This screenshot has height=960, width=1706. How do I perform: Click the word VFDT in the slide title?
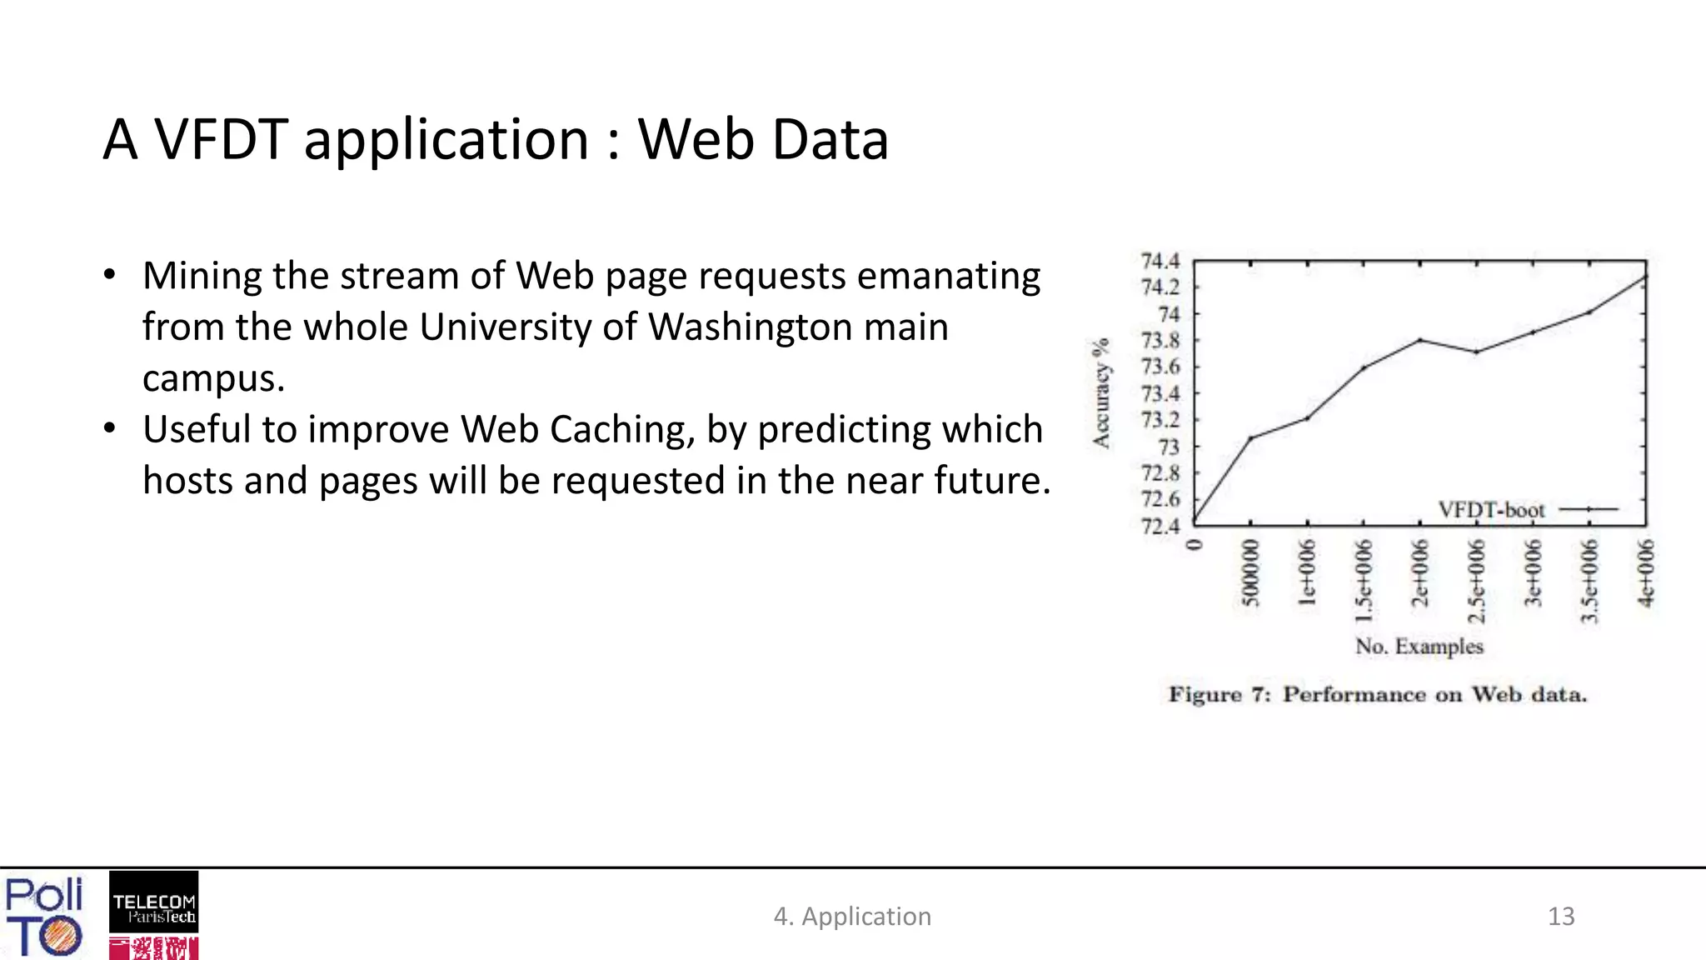click(222, 139)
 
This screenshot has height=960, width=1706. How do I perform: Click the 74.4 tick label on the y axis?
click(1160, 262)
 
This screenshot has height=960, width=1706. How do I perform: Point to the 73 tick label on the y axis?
click(1169, 447)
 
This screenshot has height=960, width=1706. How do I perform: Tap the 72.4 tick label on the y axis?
click(1160, 527)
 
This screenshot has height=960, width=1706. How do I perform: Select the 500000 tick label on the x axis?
click(1250, 572)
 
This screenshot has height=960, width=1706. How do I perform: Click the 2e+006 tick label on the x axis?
click(1420, 572)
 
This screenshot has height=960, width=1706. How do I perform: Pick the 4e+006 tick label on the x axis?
click(1646, 573)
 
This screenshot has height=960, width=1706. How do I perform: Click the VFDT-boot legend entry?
click(1491, 510)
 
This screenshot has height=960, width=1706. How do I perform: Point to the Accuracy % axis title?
click(1101, 393)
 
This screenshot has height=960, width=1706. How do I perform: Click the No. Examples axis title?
click(1419, 647)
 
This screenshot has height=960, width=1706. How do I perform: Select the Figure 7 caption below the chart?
click(1377, 695)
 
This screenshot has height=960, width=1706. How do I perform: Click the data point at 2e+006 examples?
click(1420, 340)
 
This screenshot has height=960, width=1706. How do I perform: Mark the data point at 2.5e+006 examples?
click(1476, 352)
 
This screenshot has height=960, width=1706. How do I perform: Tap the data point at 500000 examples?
click(1250, 438)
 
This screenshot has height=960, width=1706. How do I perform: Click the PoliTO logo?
click(43, 916)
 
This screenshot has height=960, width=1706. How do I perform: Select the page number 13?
click(1560, 917)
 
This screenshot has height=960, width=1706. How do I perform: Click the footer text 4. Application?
click(852, 917)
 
